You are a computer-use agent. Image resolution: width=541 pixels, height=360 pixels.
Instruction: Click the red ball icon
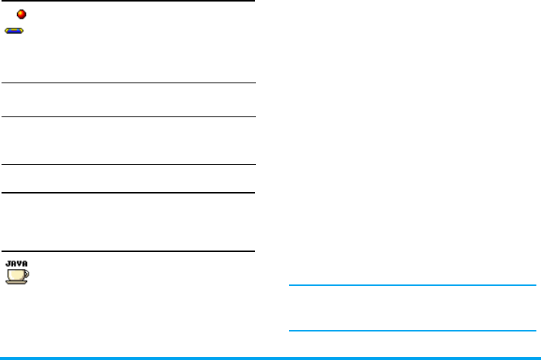click(22, 14)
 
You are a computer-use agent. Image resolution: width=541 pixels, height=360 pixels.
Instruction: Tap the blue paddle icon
click(15, 31)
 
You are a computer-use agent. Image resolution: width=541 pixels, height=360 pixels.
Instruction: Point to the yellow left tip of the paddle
click(7, 31)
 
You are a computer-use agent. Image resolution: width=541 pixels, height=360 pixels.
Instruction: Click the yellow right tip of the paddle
click(24, 31)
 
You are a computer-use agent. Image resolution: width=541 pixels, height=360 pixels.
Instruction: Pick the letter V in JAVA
click(18, 263)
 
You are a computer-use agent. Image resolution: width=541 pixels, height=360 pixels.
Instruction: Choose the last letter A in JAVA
click(24, 263)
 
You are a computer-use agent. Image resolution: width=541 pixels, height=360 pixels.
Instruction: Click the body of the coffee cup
click(15, 273)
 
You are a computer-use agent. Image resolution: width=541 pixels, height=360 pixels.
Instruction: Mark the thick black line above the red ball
click(128, 1)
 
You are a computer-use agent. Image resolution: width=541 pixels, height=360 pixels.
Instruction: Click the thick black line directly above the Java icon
click(128, 251)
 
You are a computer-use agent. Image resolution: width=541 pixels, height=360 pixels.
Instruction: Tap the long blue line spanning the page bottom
click(270, 358)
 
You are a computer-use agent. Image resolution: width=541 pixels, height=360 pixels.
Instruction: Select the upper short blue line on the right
click(412, 285)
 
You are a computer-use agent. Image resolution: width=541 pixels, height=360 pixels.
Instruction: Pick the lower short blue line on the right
click(412, 331)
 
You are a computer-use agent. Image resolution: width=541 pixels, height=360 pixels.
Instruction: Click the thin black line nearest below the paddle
click(128, 83)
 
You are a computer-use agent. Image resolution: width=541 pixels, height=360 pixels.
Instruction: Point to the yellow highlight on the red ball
click(21, 12)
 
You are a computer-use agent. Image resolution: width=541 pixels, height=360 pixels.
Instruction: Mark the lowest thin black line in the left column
click(128, 164)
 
